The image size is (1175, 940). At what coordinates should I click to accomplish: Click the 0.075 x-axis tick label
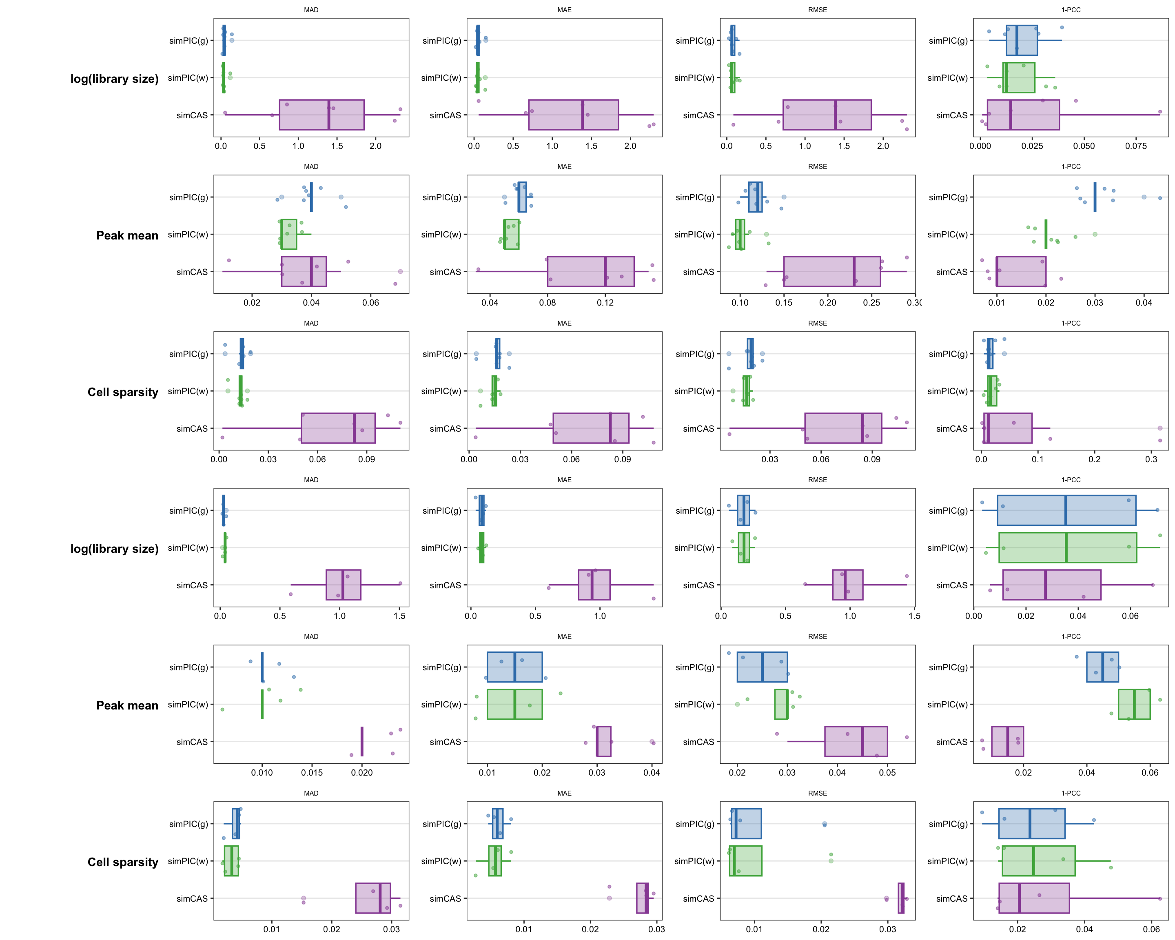coord(1136,146)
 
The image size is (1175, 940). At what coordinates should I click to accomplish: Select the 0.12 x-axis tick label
coord(605,302)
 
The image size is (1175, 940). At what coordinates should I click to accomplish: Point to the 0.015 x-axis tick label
coord(312,773)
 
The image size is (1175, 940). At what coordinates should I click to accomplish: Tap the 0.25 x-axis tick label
coord(871,302)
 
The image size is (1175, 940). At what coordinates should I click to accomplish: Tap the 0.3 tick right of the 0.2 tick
coord(1151,459)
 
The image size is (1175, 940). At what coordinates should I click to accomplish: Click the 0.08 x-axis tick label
coord(547,302)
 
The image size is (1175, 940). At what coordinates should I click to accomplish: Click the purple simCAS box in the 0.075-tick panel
coord(1023,115)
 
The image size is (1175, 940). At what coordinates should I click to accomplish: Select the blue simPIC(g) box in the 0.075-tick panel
coord(1021,40)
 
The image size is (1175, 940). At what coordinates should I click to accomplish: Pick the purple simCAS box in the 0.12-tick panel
coord(590,271)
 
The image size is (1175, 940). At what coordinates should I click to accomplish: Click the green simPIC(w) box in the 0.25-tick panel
coord(740,234)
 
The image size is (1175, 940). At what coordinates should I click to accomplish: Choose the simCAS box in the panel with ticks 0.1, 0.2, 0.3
coord(1008,428)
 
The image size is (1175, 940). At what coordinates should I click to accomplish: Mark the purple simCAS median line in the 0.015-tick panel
coord(362,742)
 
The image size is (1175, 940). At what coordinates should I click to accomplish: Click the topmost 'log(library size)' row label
coord(115,79)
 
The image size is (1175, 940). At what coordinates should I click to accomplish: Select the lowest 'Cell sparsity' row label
coord(123,862)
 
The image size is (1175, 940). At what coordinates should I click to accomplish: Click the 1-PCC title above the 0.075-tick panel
coord(1071,10)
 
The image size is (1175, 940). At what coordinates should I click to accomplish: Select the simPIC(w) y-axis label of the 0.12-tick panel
coord(441,234)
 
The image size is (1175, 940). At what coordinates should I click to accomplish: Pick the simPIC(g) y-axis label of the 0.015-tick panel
coord(188,667)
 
